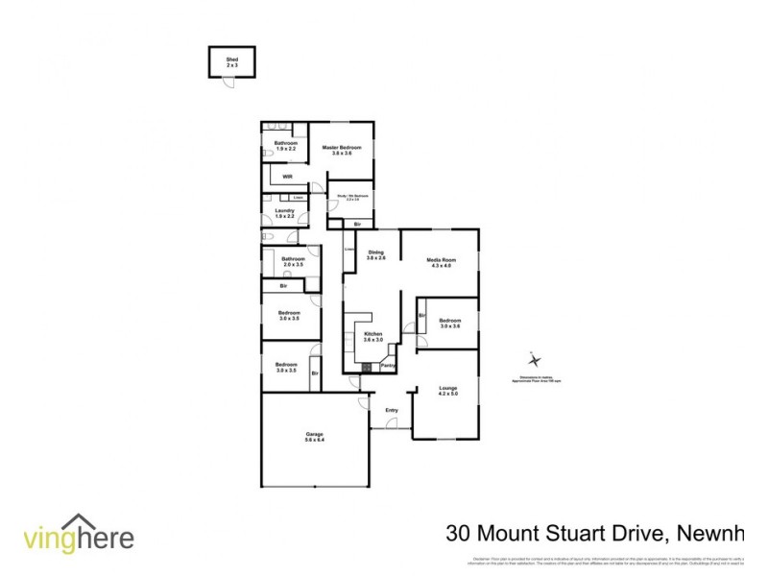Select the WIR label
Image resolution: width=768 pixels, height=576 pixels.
[x=287, y=178]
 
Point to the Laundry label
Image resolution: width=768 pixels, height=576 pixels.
[x=284, y=213]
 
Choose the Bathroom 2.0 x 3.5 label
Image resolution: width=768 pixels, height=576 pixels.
[x=292, y=261]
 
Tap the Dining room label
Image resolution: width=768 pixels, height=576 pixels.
[x=376, y=254]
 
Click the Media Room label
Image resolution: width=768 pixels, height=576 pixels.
[x=442, y=262]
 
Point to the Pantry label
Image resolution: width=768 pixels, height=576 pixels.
[x=388, y=365]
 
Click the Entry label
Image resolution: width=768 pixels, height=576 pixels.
[x=392, y=411]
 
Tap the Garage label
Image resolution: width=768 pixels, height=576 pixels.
[x=315, y=437]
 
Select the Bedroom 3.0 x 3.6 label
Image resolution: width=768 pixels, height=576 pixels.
[x=450, y=324]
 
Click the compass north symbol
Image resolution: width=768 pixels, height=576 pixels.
[x=536, y=361]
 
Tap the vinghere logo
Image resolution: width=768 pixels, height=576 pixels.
[x=79, y=536]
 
